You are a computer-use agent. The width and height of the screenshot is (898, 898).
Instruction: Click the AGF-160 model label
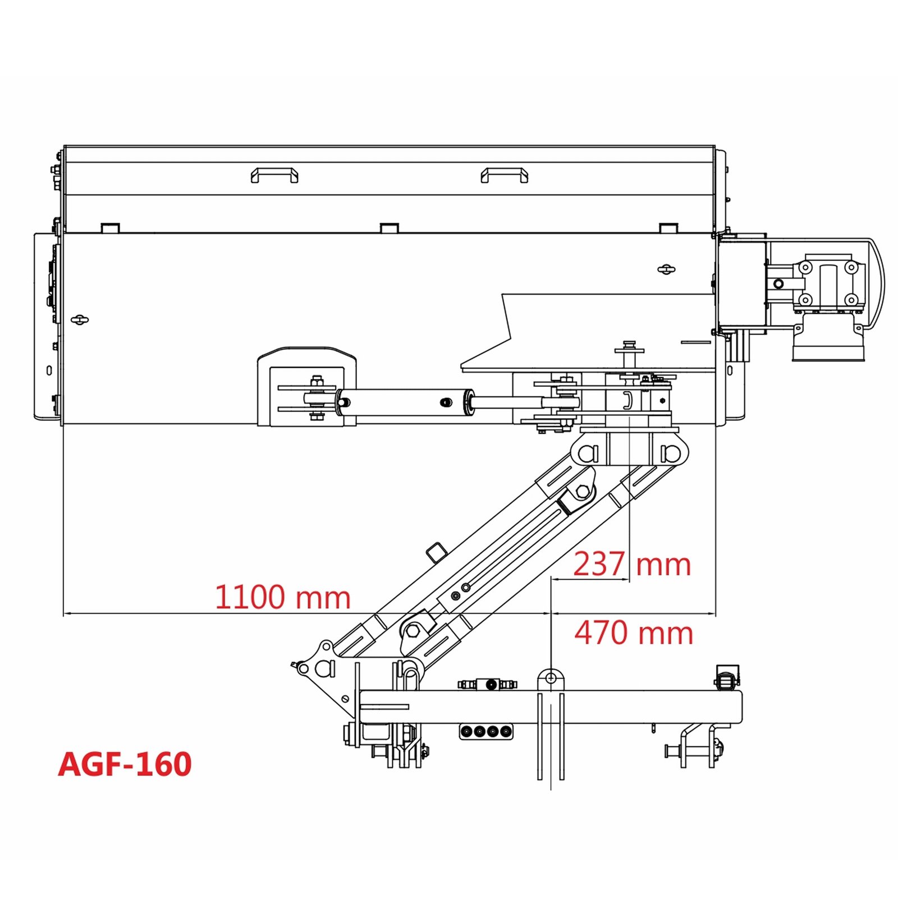coord(125,764)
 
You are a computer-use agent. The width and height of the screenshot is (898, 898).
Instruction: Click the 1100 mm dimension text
coord(283,597)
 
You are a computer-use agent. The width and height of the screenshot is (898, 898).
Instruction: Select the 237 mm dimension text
coord(632,564)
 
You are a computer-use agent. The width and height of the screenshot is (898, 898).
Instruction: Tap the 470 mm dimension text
coord(634,633)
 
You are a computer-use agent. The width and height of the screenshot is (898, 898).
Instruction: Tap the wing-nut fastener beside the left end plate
coord(80,320)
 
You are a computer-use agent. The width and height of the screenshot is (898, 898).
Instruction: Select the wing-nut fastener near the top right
coord(666,269)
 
